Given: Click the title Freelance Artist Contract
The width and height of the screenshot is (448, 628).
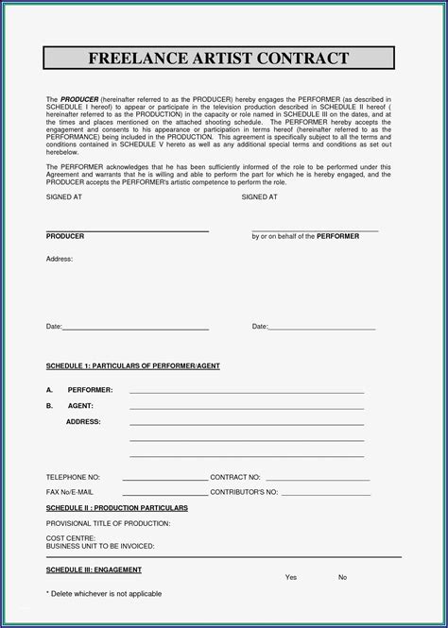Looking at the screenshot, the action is tap(218, 59).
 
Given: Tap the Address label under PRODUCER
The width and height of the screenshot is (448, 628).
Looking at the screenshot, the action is tap(59, 258).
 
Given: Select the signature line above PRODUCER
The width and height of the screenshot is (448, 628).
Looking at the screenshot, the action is tap(127, 230).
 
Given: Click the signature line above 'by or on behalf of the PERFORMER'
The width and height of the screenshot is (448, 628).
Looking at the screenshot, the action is tap(314, 230).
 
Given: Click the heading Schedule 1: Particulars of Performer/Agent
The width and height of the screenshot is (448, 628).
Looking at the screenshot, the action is tap(132, 365).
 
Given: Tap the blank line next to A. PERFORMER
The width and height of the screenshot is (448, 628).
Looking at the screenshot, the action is tap(246, 392).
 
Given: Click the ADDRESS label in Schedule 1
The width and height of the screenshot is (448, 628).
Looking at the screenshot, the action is tap(83, 421).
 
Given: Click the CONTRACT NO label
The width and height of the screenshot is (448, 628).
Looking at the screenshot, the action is tap(235, 478).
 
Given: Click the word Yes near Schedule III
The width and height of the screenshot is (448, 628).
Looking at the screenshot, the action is tap(291, 577).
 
